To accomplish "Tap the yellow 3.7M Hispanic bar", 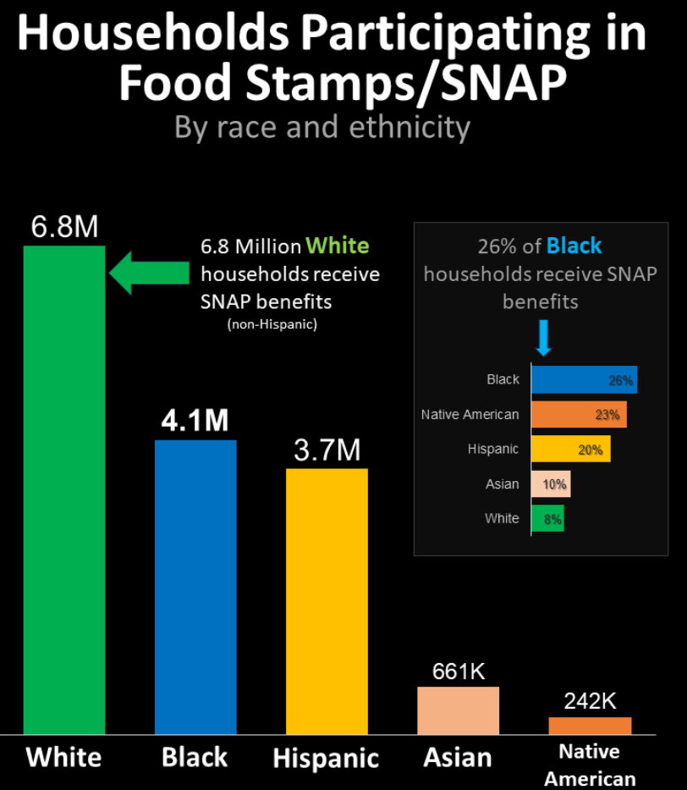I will tap(327, 600).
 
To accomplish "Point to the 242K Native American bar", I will tap(590, 726).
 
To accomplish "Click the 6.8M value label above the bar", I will tap(64, 227).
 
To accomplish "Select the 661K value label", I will tap(459, 671).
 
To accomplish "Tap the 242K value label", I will tap(590, 702).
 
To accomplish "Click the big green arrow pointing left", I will tap(149, 273).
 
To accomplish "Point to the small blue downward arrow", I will tap(544, 337).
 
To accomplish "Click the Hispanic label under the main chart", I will tap(326, 758).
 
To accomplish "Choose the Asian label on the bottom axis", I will tap(458, 756).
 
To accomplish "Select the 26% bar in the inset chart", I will tap(584, 380).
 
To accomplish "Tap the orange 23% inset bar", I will tap(579, 415).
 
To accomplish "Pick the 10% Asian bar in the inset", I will tap(551, 484).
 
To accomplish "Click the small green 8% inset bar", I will tap(547, 519).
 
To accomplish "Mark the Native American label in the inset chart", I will tap(470, 415).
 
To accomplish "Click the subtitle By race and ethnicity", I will tap(322, 127).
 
